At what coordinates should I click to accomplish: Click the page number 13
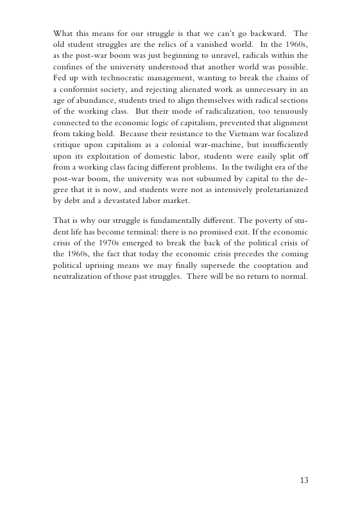pyautogui.click(x=304, y=480)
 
